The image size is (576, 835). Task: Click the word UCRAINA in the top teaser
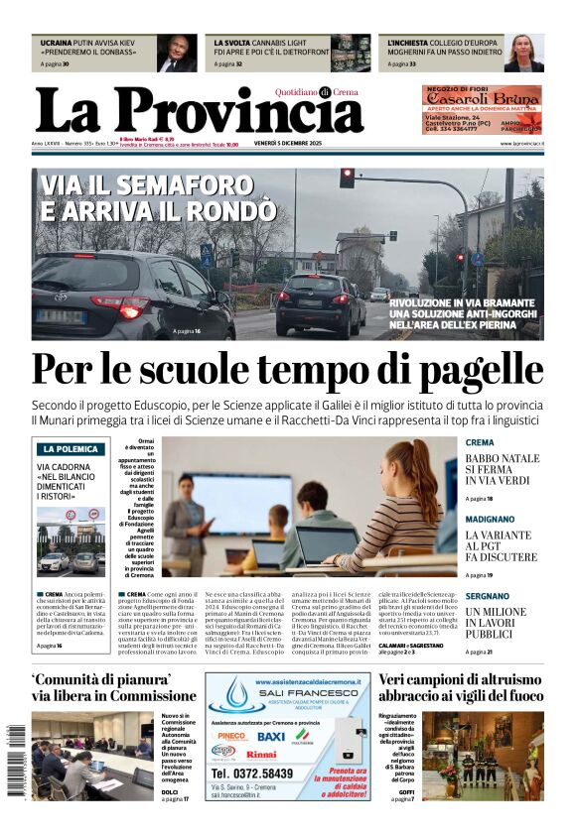[x=57, y=44]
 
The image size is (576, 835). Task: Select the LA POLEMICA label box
[x=70, y=448]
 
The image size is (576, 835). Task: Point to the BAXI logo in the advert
[x=270, y=736]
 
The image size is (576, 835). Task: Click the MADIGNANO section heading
[x=490, y=519]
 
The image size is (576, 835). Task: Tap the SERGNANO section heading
[x=487, y=596]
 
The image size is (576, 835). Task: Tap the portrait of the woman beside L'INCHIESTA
[x=523, y=54]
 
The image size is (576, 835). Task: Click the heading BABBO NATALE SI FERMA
[x=503, y=464]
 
